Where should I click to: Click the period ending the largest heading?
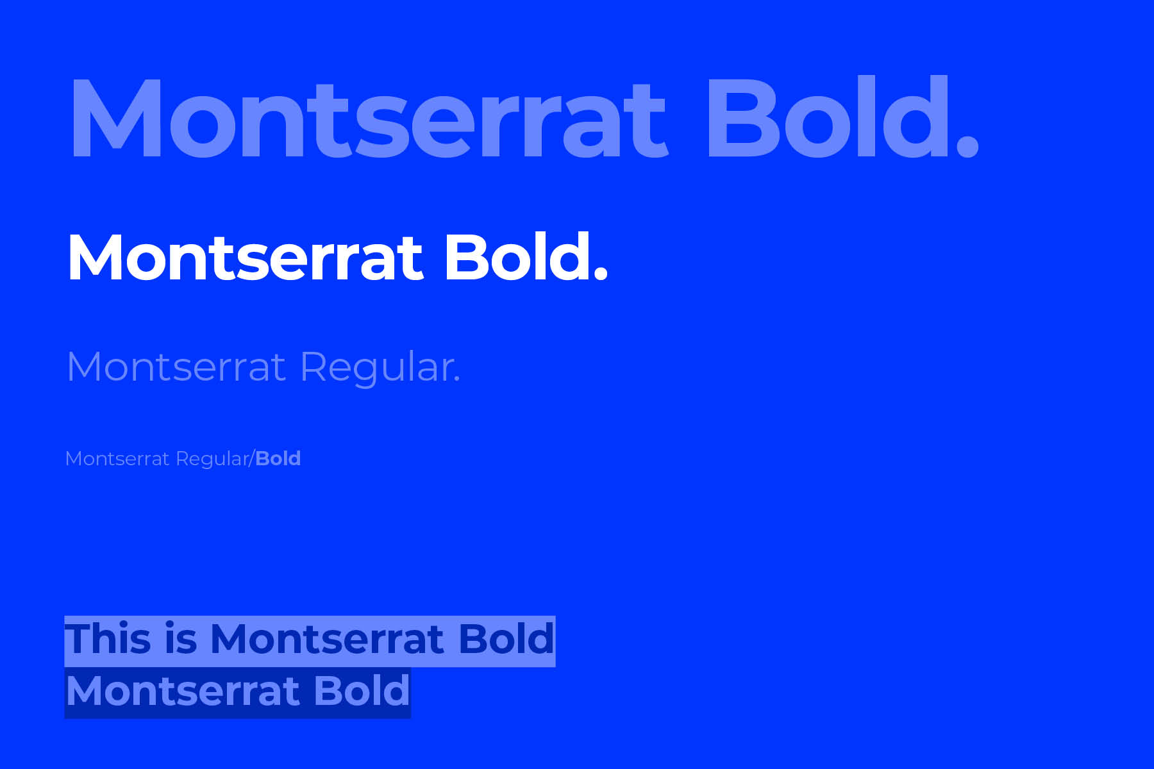click(967, 145)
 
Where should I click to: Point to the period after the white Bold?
click(600, 274)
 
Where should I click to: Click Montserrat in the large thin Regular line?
click(176, 368)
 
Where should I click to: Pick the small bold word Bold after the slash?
click(278, 459)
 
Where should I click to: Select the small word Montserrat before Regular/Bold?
click(117, 459)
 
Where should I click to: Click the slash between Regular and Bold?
click(251, 459)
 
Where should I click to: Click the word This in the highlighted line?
click(108, 639)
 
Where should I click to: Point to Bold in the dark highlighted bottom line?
click(362, 690)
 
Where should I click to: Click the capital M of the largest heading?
click(116, 117)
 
